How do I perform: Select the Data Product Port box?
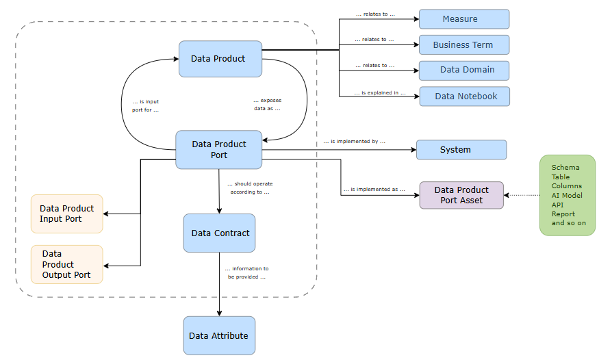coord(219,150)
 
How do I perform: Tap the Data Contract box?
coord(219,233)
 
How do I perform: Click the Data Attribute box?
coord(219,335)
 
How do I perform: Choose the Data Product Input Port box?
coord(67,214)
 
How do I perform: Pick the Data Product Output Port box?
coord(67,264)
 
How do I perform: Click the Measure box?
coord(463,19)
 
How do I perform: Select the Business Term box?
coord(463,45)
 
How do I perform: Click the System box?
coord(461,150)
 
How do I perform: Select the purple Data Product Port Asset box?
coord(461,195)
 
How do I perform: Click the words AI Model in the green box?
coord(568,195)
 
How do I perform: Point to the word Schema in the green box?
coord(565,168)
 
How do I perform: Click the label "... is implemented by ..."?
coord(354,142)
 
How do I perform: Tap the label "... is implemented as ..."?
coord(374,189)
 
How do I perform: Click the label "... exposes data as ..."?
coord(266,105)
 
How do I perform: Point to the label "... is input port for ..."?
coord(145,105)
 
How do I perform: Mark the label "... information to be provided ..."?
coord(246,273)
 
